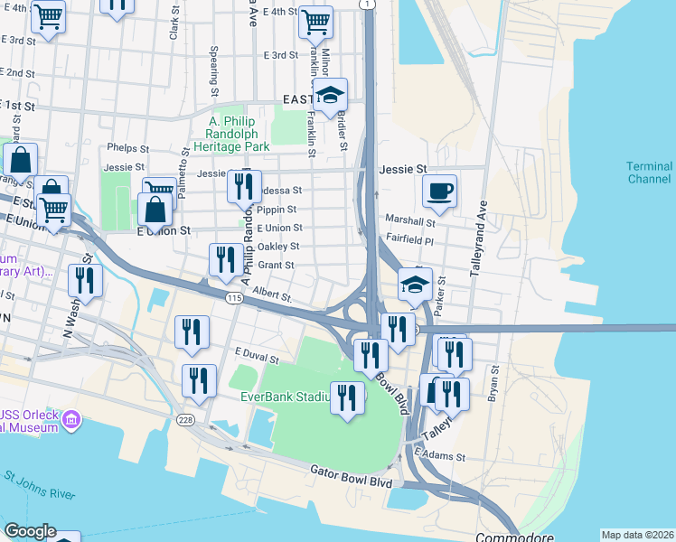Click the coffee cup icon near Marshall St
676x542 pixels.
tap(439, 191)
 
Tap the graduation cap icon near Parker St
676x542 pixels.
tap(415, 284)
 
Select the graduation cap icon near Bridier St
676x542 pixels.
tap(330, 94)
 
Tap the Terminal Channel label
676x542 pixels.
tap(650, 173)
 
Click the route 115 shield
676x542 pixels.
tap(234, 298)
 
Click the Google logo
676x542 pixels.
tap(29, 531)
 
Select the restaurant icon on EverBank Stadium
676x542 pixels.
tap(347, 397)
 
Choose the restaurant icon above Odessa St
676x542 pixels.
tap(244, 186)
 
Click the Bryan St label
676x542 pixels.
tap(493, 385)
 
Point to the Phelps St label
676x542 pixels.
tap(127, 147)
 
